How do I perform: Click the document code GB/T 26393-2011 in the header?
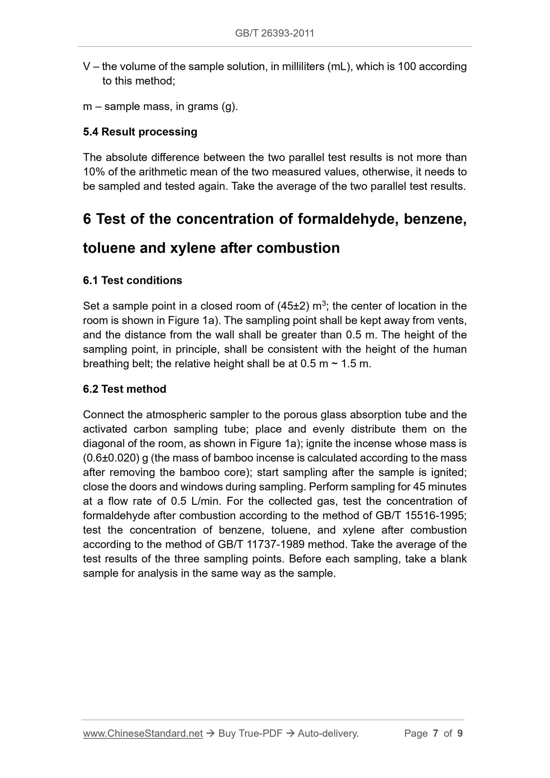click(x=274, y=33)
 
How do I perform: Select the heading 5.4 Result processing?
click(x=140, y=132)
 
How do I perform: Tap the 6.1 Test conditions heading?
click(x=132, y=281)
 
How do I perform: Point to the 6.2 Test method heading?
click(x=124, y=389)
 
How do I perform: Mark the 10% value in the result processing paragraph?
click(x=94, y=172)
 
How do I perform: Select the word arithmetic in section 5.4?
click(x=150, y=172)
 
